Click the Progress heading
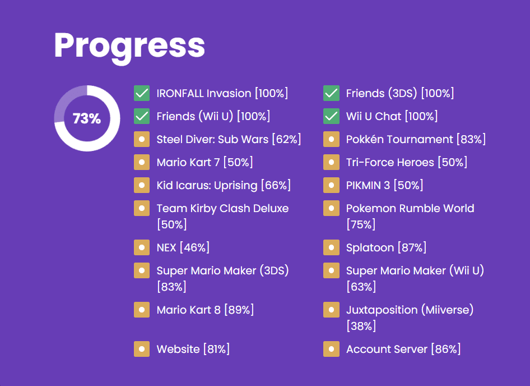(129, 47)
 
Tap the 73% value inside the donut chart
(87, 118)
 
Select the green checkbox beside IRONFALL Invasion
(142, 93)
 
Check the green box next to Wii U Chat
(331, 116)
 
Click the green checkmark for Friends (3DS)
(331, 93)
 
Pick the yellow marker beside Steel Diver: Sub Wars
(142, 139)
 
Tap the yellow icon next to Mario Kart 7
(142, 162)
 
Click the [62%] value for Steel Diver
(287, 139)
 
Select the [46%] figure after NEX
(195, 247)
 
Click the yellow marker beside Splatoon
(331, 247)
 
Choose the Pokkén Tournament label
(399, 139)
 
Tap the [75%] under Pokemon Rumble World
(361, 224)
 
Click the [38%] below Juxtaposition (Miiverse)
(361, 326)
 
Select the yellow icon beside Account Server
(331, 349)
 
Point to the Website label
(178, 349)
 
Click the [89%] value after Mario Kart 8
(239, 310)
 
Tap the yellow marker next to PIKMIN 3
(331, 185)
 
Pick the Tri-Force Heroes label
(390, 162)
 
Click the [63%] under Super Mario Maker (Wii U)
(361, 287)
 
